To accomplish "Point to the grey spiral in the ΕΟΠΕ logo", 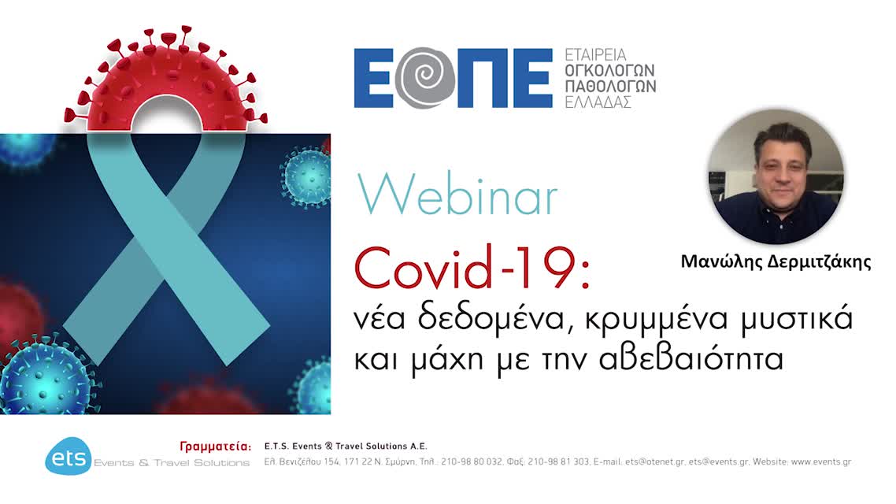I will (426, 78).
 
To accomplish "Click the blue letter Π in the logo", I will (481, 78).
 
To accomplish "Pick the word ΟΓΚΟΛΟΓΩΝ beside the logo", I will (610, 70).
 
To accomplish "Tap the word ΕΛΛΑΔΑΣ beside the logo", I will (598, 102).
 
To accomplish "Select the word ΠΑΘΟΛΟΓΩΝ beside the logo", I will (610, 86).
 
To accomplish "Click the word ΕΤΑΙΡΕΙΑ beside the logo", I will (595, 55).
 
